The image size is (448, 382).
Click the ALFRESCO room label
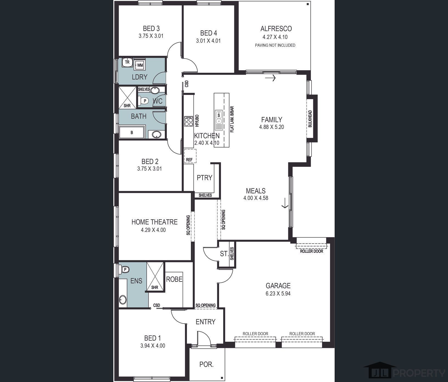(x=276, y=29)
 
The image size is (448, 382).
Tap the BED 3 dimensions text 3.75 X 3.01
(x=151, y=36)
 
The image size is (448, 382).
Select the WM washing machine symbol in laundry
(x=140, y=65)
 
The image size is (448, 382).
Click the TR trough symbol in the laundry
(x=127, y=63)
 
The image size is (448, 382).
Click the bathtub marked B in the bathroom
(x=132, y=133)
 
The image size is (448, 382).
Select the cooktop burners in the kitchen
(x=189, y=121)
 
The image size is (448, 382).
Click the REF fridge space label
(x=189, y=160)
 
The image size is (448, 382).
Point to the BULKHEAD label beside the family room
(x=310, y=119)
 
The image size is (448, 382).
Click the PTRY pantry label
(x=205, y=178)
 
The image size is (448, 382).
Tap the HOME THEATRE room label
(x=154, y=222)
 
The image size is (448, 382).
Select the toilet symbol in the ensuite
(x=124, y=270)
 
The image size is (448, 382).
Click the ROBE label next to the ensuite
(x=174, y=279)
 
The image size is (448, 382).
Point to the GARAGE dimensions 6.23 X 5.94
(x=278, y=293)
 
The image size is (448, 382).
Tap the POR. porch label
(x=206, y=364)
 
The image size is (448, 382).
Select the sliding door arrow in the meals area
(x=285, y=203)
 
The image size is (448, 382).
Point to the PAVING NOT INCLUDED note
(x=275, y=45)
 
